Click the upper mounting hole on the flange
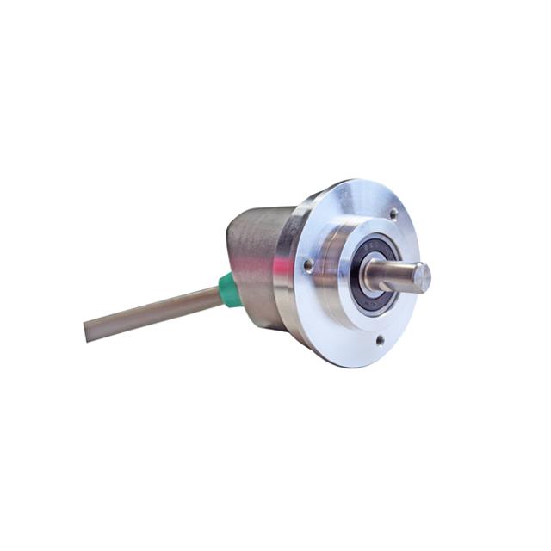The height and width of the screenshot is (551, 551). (393, 213)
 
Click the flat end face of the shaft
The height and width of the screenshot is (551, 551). (422, 276)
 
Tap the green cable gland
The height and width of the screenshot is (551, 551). (228, 291)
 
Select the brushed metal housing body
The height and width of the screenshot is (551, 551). (254, 258)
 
